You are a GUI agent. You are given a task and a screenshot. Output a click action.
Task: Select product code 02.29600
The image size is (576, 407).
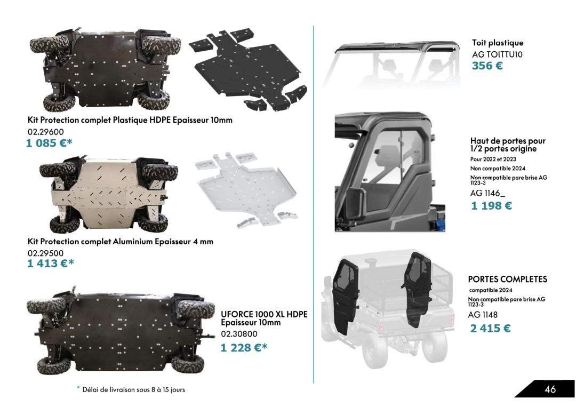point(45,132)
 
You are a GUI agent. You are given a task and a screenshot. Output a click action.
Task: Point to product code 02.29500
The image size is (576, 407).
point(45,253)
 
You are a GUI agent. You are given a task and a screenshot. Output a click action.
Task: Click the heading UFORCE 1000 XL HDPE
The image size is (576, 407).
point(264,314)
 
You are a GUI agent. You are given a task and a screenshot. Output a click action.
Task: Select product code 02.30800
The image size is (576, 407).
point(239,334)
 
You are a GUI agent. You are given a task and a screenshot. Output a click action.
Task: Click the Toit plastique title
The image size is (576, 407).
point(498,43)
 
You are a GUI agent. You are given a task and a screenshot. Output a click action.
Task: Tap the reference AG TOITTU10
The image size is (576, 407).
point(498,54)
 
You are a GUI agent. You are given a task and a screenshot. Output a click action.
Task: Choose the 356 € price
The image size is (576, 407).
point(487,66)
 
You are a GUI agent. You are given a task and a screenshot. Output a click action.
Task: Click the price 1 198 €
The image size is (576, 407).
point(492,206)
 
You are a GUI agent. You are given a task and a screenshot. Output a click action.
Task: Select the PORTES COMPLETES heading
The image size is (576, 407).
point(508,279)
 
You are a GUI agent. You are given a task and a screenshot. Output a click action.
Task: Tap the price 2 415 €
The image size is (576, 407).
point(491,328)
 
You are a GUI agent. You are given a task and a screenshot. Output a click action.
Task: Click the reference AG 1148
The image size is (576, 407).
point(483,315)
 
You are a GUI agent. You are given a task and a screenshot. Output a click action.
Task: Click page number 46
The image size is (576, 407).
point(550,389)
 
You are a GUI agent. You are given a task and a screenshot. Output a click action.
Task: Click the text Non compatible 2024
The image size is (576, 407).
point(498,168)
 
